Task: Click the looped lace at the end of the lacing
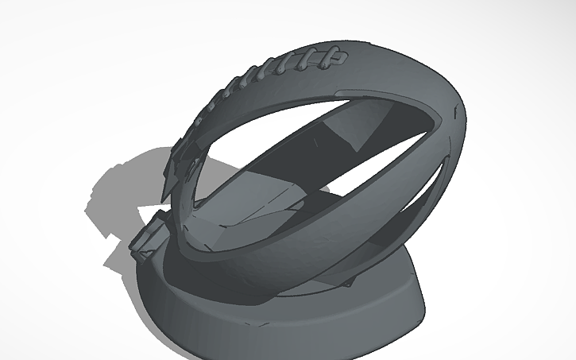(337, 56)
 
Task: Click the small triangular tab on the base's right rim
(347, 281)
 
